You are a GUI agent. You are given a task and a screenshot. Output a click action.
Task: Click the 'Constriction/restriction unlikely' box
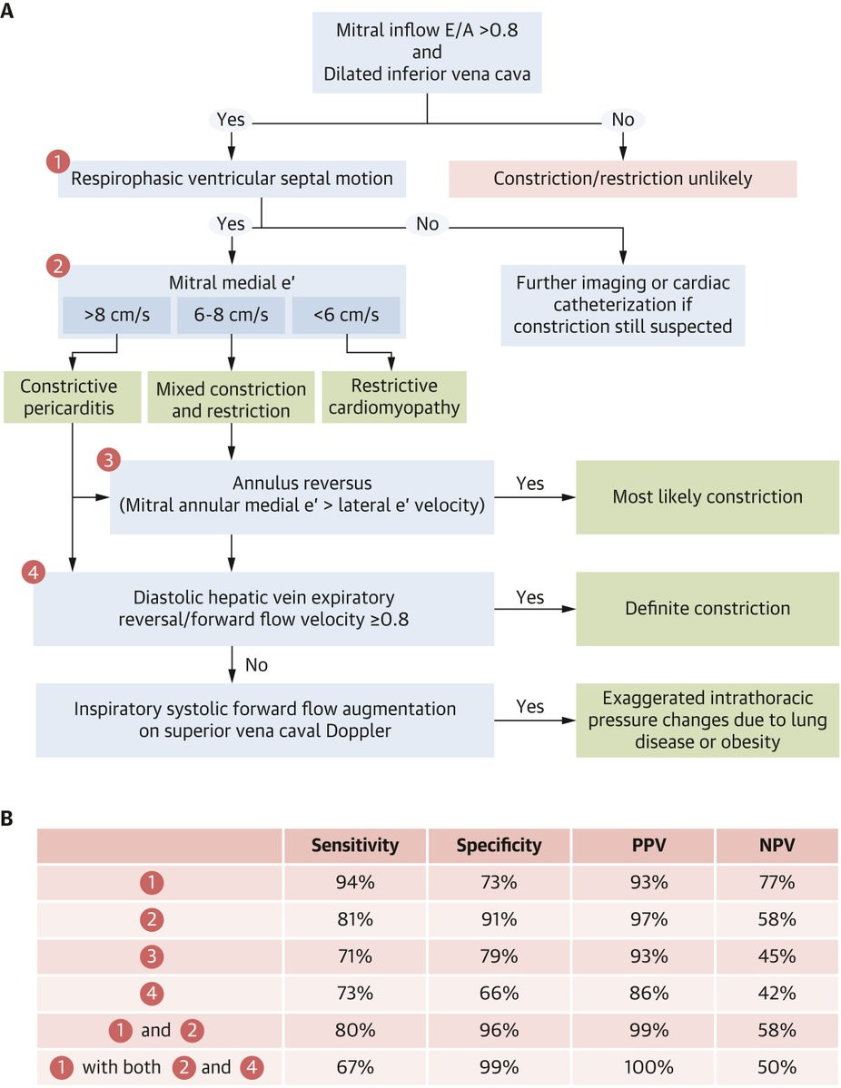point(623,179)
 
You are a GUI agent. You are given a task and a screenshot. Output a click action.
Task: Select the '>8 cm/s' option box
point(116,315)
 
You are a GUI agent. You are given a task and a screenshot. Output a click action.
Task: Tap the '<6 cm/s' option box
point(346,315)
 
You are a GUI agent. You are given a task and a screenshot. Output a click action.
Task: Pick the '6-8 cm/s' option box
point(232,315)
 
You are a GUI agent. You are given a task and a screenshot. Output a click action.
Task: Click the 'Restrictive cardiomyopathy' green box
point(394,397)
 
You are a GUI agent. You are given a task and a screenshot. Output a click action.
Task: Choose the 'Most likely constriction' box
point(707,497)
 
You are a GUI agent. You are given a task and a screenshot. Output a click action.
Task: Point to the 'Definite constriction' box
point(707,609)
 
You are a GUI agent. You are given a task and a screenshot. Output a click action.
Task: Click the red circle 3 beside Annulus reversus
point(108,459)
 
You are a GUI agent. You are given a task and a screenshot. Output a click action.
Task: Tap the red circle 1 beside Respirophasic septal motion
point(57,162)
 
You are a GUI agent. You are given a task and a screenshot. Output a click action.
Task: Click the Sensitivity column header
point(355,845)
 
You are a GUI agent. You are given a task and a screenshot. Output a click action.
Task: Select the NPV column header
point(777,845)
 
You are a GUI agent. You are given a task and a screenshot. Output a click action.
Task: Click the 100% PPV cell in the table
point(648,1067)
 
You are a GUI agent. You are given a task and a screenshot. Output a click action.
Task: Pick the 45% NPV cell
point(777,956)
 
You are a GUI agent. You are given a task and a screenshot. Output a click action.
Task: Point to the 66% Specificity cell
point(499,993)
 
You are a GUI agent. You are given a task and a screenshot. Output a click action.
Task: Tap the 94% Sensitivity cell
point(355,882)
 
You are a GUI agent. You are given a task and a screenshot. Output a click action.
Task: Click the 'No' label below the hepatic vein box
point(256,665)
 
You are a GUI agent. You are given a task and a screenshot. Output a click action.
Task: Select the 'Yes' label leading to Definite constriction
point(529,597)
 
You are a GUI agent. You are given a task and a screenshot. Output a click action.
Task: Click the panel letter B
point(7,818)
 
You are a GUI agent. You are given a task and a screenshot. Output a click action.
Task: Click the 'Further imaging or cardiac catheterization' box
point(623,305)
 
